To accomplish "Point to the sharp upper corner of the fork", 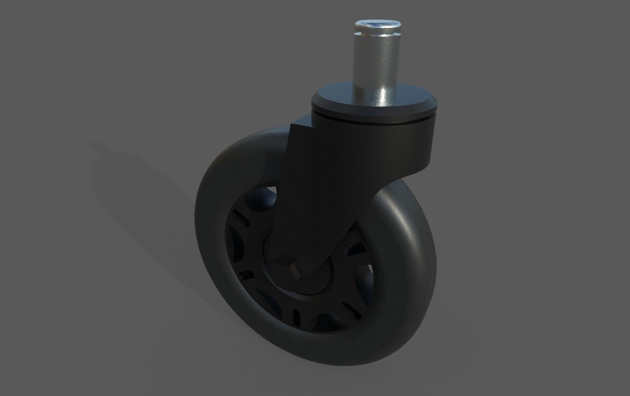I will click(292, 124).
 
